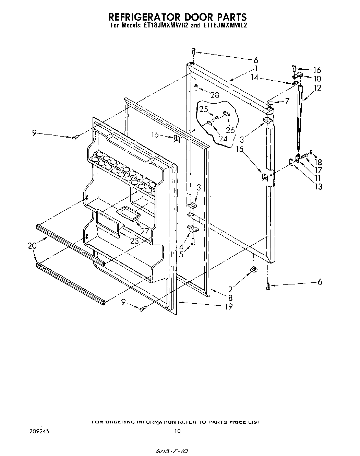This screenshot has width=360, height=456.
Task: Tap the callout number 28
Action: tap(215, 95)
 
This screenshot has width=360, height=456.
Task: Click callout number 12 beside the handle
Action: tap(317, 88)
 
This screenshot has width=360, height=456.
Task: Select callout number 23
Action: tap(134, 241)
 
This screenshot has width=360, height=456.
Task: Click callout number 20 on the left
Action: tap(32, 246)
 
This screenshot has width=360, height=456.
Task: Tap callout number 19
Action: tap(228, 306)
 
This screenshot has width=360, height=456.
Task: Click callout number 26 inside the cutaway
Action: tap(230, 130)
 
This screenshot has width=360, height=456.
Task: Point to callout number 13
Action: tap(319, 186)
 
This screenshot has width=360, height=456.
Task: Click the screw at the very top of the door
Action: tap(193, 51)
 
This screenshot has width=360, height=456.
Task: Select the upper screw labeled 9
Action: tap(75, 137)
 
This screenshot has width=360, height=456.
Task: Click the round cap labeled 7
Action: tap(271, 102)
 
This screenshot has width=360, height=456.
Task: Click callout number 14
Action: tap(254, 78)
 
